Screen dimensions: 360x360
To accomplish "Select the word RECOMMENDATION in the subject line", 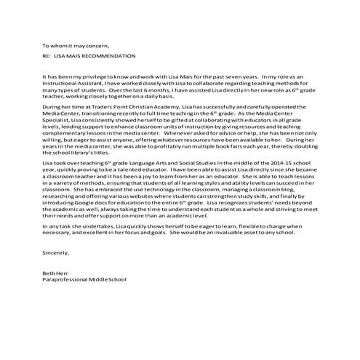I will coord(111,56).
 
